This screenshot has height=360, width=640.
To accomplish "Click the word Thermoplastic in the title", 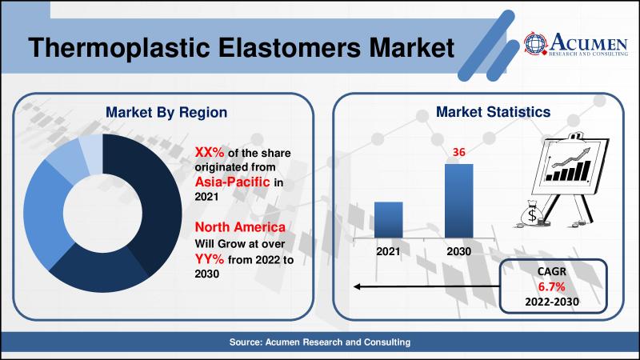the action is (x=118, y=48).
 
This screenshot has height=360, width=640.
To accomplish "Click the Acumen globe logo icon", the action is (x=535, y=43).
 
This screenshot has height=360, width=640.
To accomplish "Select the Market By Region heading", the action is (x=166, y=112).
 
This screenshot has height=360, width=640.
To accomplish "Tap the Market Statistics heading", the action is (x=493, y=112).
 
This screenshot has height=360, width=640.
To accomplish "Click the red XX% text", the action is (x=210, y=152).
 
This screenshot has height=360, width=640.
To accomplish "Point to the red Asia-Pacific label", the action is (x=232, y=182).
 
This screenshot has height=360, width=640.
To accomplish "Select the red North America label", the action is (x=240, y=227).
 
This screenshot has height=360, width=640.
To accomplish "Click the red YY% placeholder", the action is (x=210, y=258).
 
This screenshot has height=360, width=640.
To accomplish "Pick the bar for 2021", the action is (x=388, y=219).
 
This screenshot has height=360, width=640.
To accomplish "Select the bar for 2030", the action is (x=458, y=201).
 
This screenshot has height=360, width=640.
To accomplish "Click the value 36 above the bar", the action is (x=458, y=152).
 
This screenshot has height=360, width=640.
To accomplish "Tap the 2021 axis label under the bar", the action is (x=388, y=251).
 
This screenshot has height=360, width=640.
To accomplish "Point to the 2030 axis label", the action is (x=458, y=251).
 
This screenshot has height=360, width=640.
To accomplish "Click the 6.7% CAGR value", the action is (x=551, y=286).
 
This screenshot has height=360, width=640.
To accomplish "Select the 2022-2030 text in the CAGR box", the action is (x=552, y=302).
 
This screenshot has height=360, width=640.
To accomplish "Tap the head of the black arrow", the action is (x=356, y=286).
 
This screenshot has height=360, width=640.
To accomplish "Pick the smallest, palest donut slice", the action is (x=91, y=153).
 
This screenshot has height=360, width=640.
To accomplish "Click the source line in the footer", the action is (x=319, y=342).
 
